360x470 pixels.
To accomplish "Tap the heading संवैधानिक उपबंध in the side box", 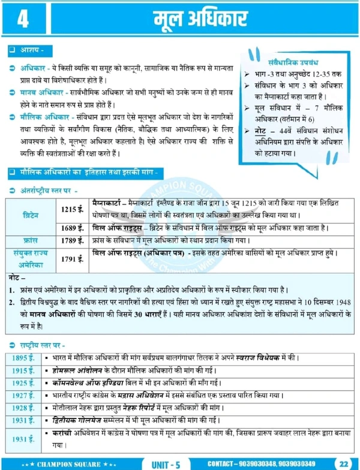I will pos(292,61).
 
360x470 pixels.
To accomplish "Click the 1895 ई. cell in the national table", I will pos(23,358).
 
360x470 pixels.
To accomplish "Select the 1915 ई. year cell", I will pos(23,370).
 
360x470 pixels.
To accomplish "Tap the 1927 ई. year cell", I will pos(23,396).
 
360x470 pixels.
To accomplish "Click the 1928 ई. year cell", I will pos(23,408).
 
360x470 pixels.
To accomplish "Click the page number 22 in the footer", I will pos(342,463).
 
